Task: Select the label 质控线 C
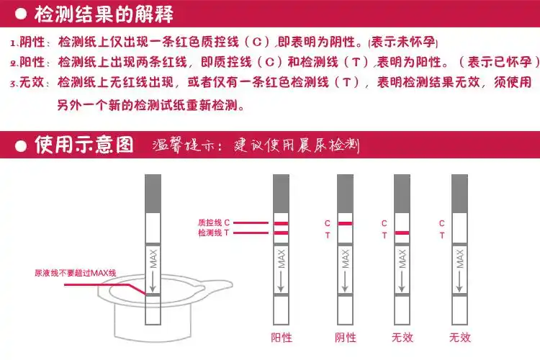point(213,223)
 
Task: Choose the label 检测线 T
point(213,233)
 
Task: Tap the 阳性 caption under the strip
point(282,337)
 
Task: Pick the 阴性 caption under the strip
point(346,337)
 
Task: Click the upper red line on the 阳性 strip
point(281,224)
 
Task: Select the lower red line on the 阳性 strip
point(281,233)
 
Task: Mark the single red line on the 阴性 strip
point(346,224)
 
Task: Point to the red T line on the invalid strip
point(402,233)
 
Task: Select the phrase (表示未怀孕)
point(402,42)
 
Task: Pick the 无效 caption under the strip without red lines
point(459,337)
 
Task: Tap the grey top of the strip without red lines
point(459,192)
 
